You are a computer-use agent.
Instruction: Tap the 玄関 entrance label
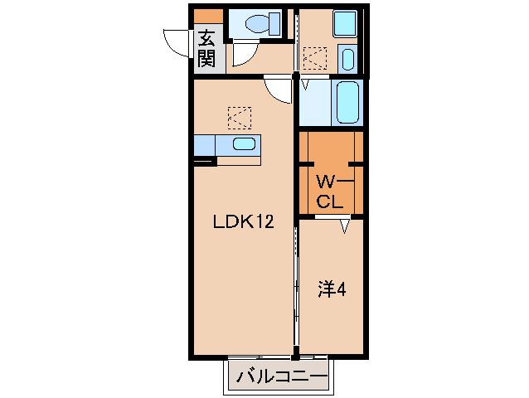click(206, 48)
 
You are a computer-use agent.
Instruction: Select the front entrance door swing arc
click(177, 41)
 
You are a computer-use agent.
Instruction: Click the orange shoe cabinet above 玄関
click(207, 15)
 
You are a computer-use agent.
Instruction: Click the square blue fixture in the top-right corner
click(346, 23)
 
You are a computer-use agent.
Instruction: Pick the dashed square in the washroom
click(315, 58)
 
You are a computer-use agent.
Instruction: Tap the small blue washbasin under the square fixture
click(348, 60)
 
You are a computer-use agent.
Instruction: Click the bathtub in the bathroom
click(347, 103)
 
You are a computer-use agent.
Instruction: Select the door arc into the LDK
click(279, 90)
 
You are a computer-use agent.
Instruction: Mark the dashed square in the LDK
click(240, 117)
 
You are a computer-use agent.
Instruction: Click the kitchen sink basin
click(244, 144)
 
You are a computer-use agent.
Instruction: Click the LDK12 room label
click(243, 221)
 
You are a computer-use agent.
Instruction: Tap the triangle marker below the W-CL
click(344, 225)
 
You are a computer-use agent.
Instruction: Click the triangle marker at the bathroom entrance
click(305, 84)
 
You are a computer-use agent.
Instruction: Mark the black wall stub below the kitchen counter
click(205, 161)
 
